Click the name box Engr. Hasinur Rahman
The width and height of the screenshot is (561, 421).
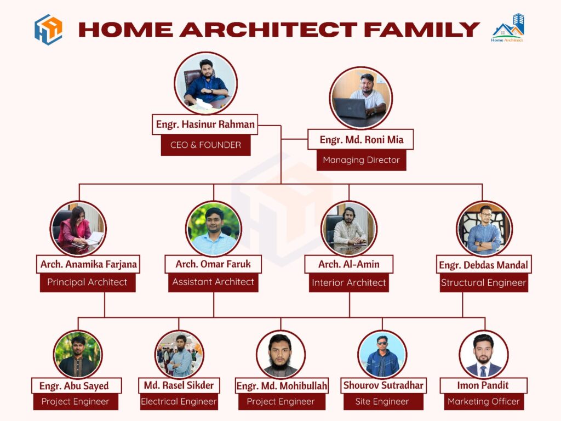point(205,124)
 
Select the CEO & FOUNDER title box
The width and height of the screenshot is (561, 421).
point(205,145)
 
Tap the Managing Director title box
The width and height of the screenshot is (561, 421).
point(361,160)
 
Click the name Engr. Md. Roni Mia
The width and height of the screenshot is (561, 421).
point(361,140)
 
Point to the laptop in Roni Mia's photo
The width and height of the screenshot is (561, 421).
point(351,108)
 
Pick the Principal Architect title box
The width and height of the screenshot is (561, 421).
point(87,282)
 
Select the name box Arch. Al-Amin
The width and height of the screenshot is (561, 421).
point(349,264)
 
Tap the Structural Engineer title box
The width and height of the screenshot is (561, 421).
point(484,283)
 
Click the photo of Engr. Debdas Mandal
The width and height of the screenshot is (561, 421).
point(484,229)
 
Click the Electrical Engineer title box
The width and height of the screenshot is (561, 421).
point(179,401)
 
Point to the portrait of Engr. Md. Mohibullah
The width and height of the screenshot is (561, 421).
point(280,355)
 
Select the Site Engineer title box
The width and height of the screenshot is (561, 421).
point(382,401)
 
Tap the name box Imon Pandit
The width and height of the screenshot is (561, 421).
point(483,385)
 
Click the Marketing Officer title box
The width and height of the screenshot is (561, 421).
point(483,401)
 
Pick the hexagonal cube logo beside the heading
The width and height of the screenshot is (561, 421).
point(48,30)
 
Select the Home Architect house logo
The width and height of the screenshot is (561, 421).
point(508,28)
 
